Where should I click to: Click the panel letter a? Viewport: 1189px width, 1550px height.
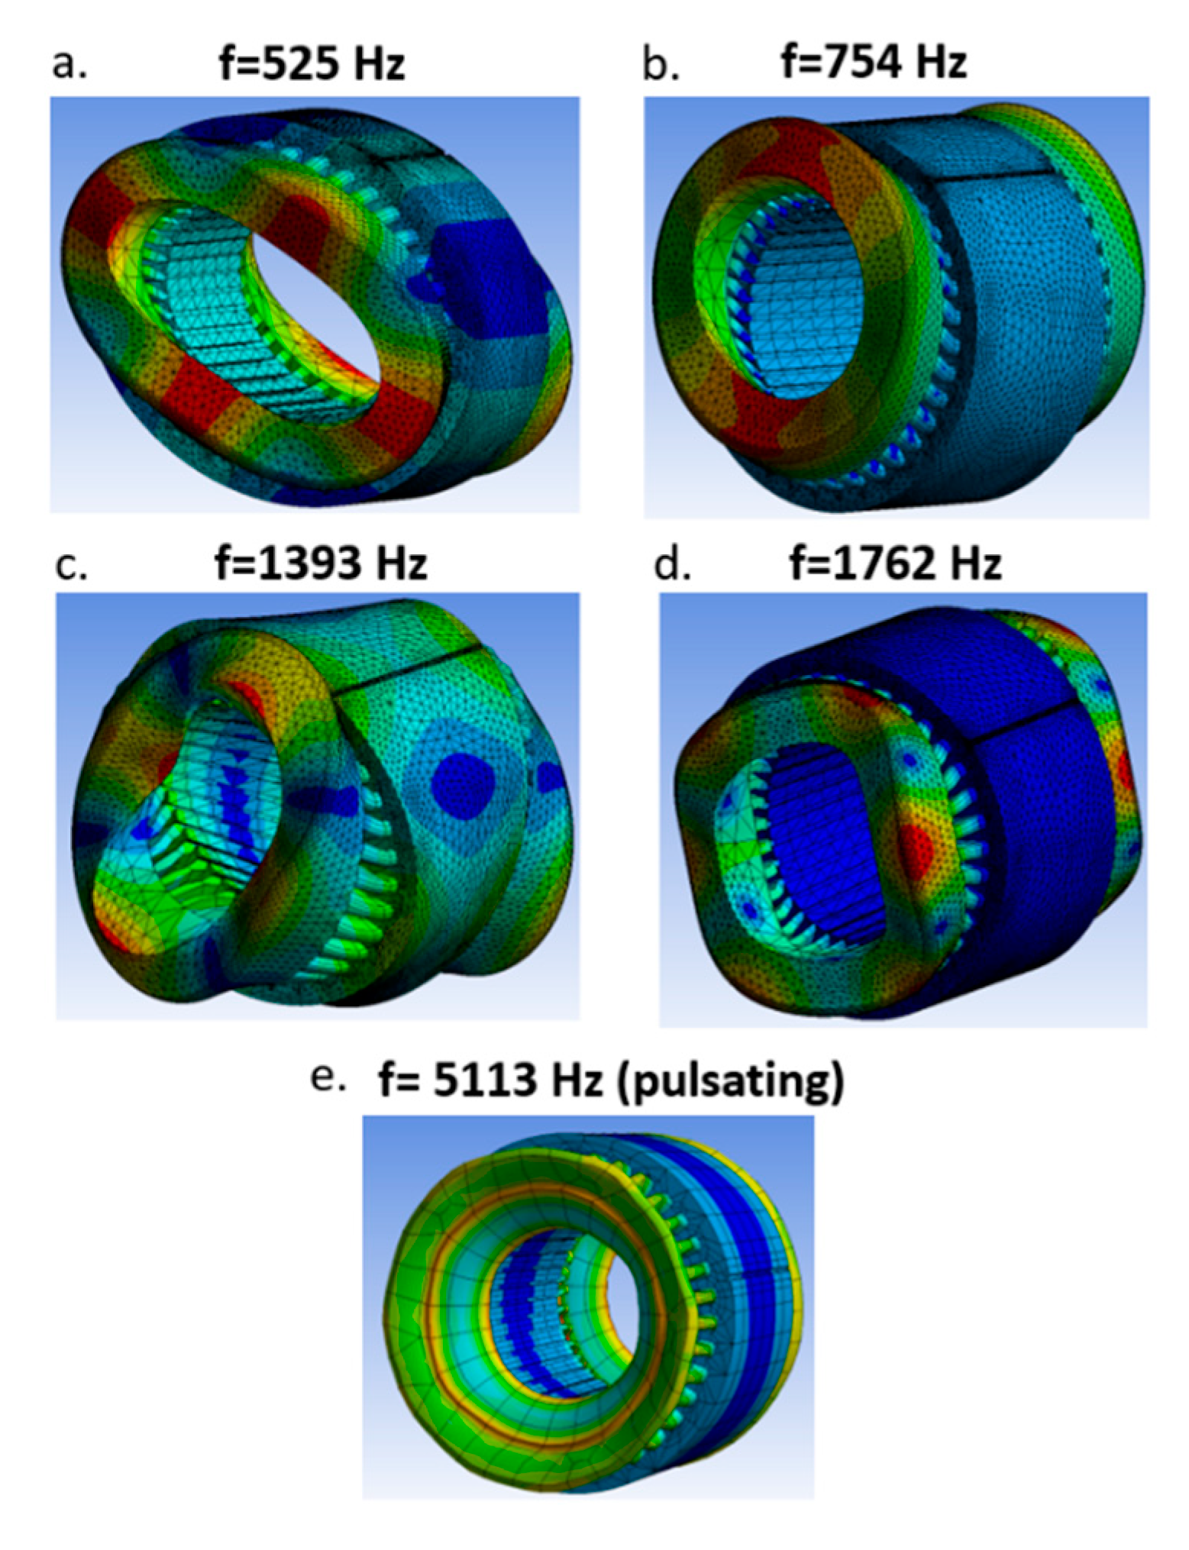(x=69, y=66)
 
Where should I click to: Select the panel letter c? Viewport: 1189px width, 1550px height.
(x=72, y=567)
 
